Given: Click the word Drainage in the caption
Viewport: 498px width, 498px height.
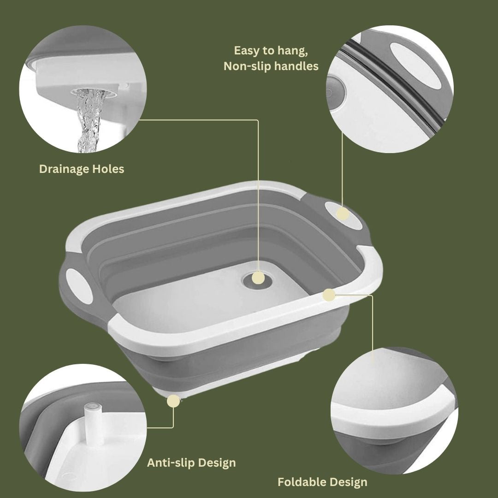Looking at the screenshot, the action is (64, 169).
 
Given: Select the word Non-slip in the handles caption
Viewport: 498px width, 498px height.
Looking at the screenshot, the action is (247, 66).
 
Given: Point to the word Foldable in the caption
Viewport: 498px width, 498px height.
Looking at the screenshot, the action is (302, 482).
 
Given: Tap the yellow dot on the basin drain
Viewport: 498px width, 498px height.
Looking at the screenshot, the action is (258, 278).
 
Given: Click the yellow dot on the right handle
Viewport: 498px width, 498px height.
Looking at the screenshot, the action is (343, 214).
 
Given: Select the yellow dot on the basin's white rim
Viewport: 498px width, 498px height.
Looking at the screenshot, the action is (329, 295).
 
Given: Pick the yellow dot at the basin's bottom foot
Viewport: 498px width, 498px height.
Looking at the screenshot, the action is (173, 401).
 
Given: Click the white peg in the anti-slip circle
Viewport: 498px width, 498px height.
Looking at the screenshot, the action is (93, 422).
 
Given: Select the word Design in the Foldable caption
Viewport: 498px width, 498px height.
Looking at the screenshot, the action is (348, 482).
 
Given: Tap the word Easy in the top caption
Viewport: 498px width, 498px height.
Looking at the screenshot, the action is (247, 51).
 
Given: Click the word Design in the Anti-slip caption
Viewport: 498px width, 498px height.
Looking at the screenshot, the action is (217, 463).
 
